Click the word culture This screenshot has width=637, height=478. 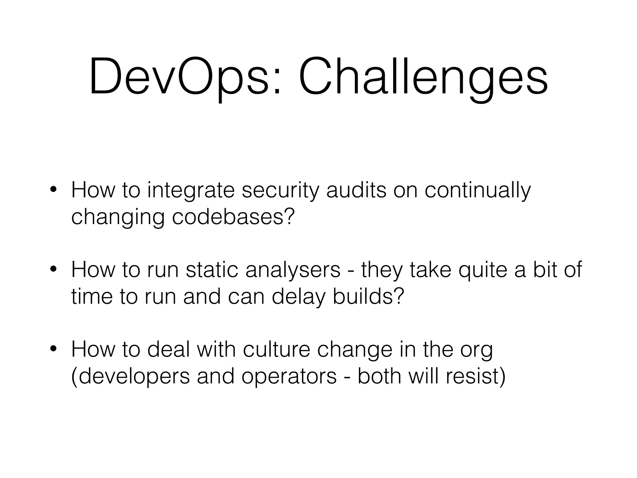click(x=277, y=349)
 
